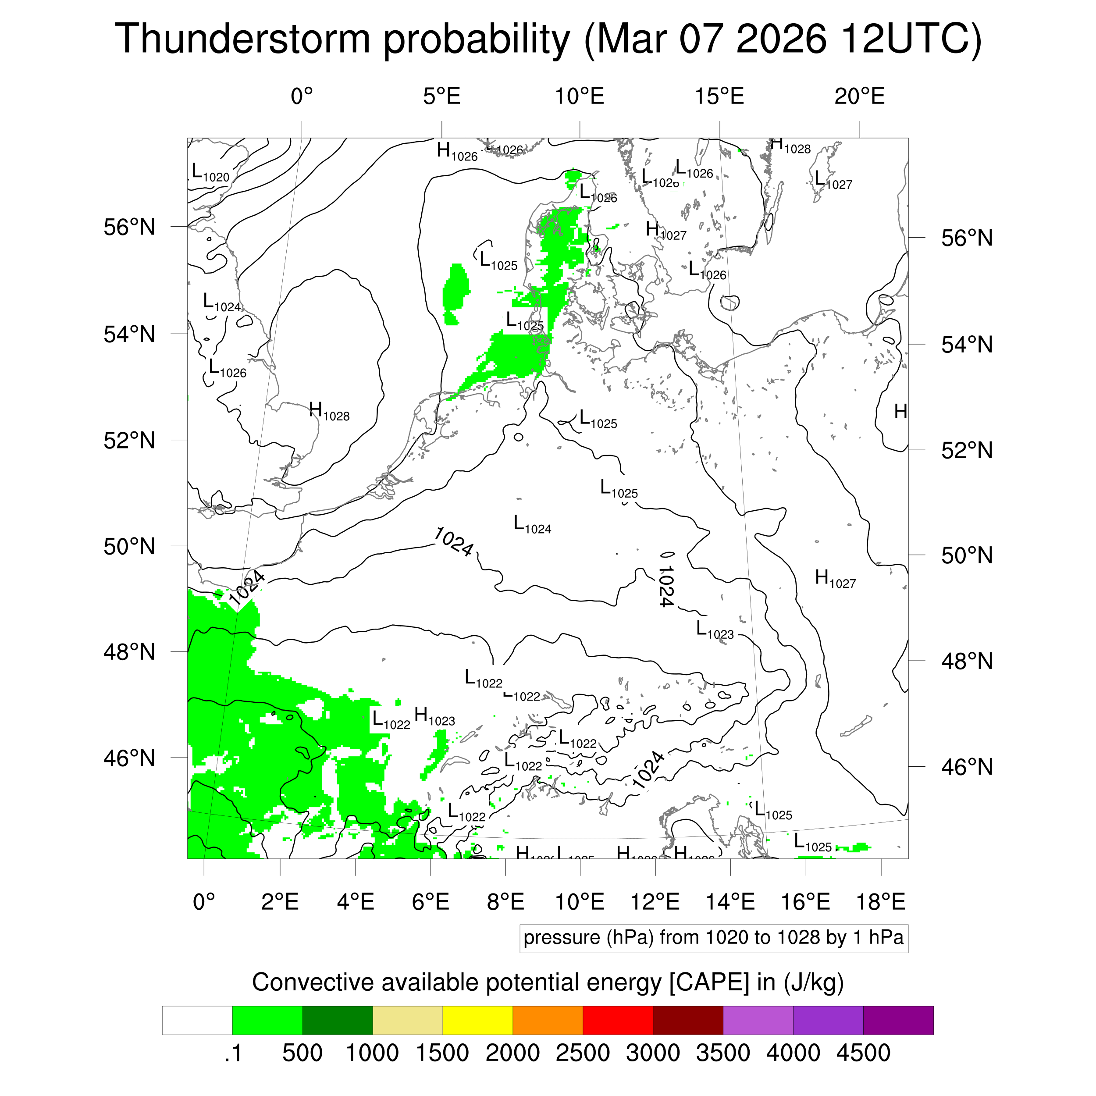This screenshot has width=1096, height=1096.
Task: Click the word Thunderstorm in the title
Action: [x=242, y=39]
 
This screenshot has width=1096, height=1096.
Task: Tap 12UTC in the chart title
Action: [x=911, y=39]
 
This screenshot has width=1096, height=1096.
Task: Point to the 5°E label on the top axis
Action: [x=441, y=96]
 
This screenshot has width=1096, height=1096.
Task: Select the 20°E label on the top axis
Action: [x=859, y=96]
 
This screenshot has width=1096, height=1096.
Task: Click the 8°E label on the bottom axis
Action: [x=505, y=901]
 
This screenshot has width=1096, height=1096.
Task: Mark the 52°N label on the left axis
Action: [x=129, y=440]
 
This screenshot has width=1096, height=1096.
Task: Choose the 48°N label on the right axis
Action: [x=967, y=661]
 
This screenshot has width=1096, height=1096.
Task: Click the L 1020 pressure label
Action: [x=210, y=172]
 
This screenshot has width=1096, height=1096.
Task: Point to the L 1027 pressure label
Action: [x=833, y=180]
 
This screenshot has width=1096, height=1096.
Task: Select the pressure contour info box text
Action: [x=713, y=937]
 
